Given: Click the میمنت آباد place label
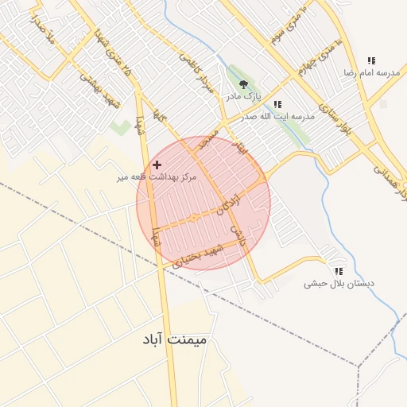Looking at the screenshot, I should click(174, 339).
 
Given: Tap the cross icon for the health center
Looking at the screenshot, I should click(157, 164).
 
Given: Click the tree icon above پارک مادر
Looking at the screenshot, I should click(243, 83).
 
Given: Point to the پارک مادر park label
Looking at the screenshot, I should click(243, 96).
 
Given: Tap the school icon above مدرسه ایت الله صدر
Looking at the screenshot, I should click(277, 104).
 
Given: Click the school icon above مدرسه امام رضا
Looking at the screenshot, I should click(370, 60).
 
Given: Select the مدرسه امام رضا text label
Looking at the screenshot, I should click(370, 72).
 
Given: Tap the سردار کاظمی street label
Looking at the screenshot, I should click(198, 76).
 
